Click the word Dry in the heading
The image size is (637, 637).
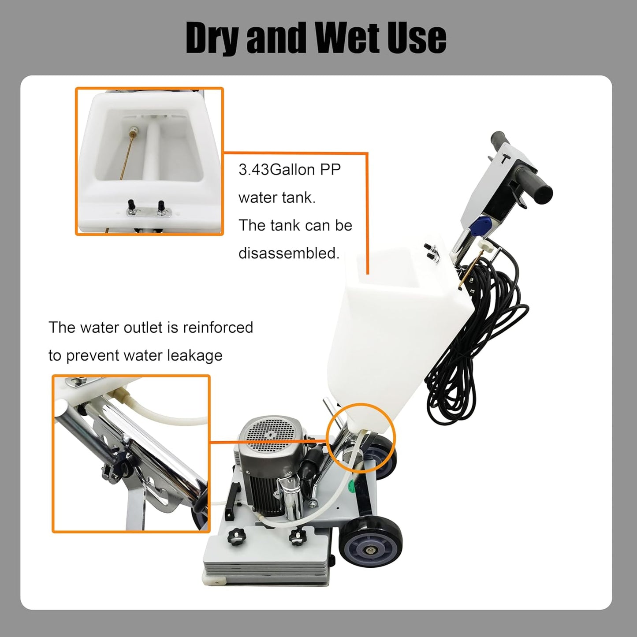(x=215, y=38)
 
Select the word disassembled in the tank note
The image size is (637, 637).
(x=289, y=253)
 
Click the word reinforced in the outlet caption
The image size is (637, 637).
(x=218, y=328)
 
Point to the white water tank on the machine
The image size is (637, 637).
(x=388, y=326)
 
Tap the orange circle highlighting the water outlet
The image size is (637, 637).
(x=361, y=437)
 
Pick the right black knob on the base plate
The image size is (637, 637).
(x=298, y=537)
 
